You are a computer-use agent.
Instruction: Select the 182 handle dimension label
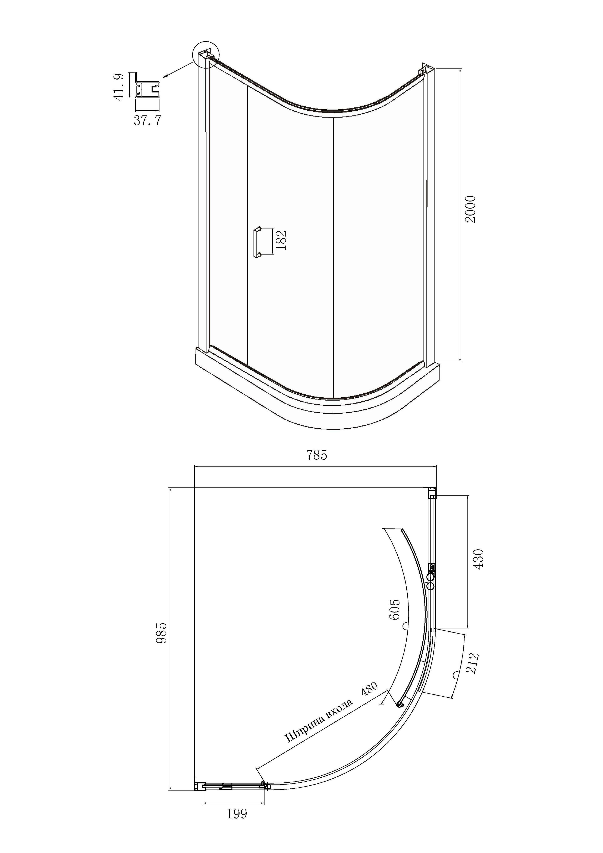281,240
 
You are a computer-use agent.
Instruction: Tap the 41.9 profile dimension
119,87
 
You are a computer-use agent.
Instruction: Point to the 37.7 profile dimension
147,121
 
